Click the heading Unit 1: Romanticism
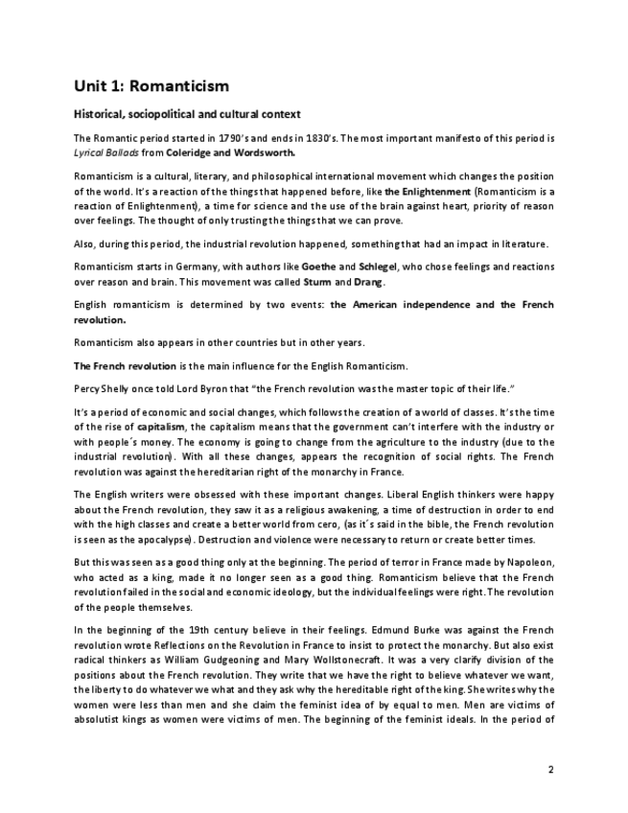point(151,87)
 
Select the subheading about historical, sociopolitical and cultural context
point(188,115)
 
